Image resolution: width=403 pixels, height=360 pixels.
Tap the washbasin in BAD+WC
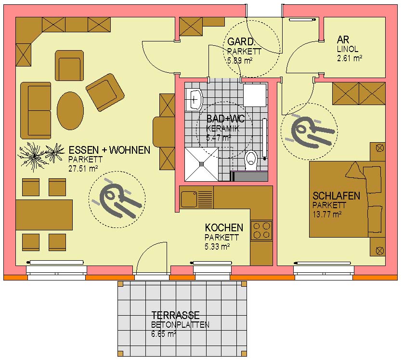click(x=194, y=100)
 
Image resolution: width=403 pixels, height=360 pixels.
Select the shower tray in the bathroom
click(x=201, y=164)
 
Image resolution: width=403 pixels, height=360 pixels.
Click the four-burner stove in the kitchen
click(x=261, y=230)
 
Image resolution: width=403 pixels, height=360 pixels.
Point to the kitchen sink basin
click(x=189, y=200)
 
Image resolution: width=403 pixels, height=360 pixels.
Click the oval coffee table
click(x=70, y=111)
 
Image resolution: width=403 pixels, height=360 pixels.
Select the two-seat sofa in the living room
click(x=36, y=111)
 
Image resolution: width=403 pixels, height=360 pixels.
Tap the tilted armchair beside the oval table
click(x=105, y=92)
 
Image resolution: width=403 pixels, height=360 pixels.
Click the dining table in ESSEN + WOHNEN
click(x=44, y=215)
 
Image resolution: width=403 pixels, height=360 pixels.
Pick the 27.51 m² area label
click(x=83, y=169)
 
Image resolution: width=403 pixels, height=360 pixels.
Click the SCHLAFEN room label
click(x=336, y=196)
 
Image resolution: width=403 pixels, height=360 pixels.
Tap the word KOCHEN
click(x=224, y=228)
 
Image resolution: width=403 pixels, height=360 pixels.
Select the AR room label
click(x=343, y=40)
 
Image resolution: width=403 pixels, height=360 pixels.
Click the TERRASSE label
click(x=175, y=315)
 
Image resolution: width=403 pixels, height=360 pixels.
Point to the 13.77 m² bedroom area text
click(x=327, y=214)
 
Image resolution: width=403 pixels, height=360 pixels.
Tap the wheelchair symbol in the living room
click(x=117, y=200)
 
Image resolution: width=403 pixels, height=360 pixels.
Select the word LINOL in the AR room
click(x=348, y=49)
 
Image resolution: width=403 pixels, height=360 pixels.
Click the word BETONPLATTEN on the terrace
click(x=180, y=325)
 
